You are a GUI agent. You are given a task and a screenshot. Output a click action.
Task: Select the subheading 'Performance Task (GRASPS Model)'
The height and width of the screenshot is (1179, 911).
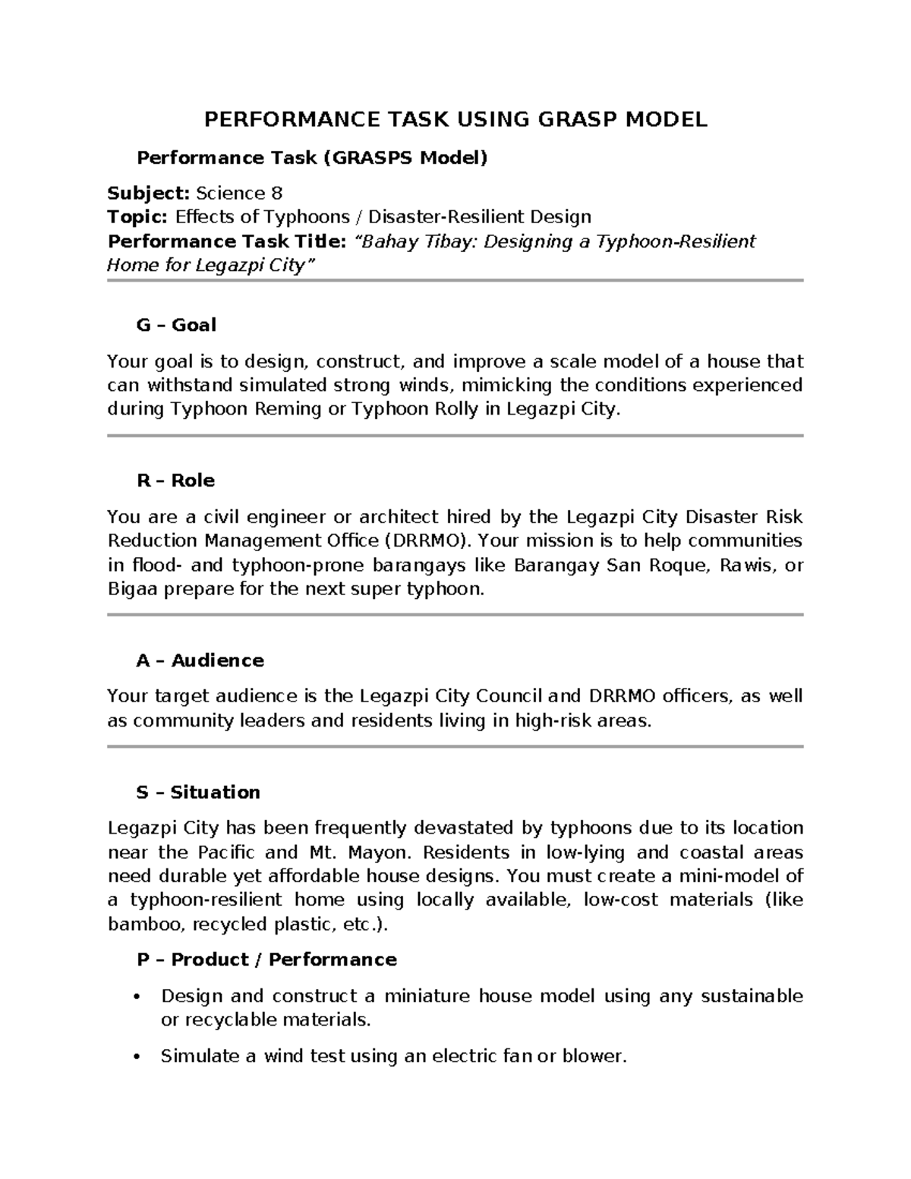(311, 158)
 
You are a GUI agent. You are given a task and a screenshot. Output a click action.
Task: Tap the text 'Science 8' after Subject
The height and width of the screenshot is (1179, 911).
(239, 193)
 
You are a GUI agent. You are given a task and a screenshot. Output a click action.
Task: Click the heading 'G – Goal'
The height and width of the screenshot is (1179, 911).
(176, 325)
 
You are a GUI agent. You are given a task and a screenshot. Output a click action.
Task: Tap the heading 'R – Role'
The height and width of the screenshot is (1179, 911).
(175, 481)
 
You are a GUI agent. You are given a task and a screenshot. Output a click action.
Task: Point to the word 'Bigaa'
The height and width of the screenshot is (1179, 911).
(131, 589)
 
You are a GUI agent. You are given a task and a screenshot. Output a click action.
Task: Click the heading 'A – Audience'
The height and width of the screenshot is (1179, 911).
(200, 660)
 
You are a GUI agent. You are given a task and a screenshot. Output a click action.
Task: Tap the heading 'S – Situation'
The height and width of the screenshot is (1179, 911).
(198, 792)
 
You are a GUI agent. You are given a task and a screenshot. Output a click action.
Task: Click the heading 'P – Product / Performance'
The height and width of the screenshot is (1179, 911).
(266, 960)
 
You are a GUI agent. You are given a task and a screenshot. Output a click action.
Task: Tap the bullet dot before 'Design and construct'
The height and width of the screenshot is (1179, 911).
(137, 996)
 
